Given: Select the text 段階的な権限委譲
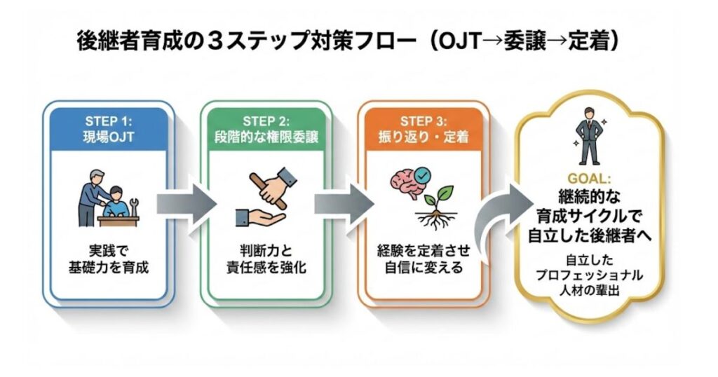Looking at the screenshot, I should point(265,137).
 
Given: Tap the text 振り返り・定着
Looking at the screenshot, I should point(421,137).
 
